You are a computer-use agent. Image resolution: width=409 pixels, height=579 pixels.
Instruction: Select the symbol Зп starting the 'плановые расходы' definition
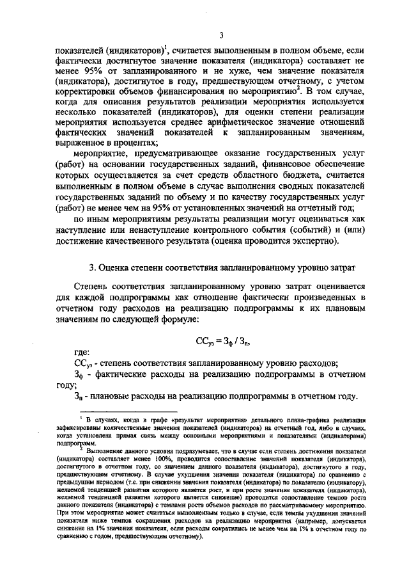pos(79,397)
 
